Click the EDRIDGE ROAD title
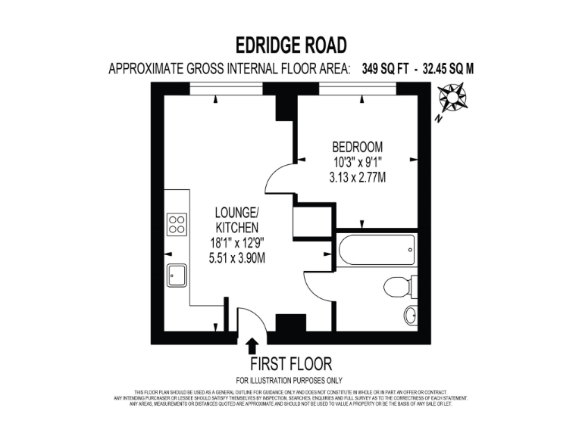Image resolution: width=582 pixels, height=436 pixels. click(291, 45)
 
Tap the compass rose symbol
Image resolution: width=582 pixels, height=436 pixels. click(453, 98)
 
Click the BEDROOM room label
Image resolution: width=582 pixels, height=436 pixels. click(357, 147)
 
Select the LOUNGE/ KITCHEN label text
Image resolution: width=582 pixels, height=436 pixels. click(237, 220)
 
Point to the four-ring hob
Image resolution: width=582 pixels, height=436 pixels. click(177, 224)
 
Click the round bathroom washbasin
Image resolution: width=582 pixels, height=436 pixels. click(410, 315)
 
